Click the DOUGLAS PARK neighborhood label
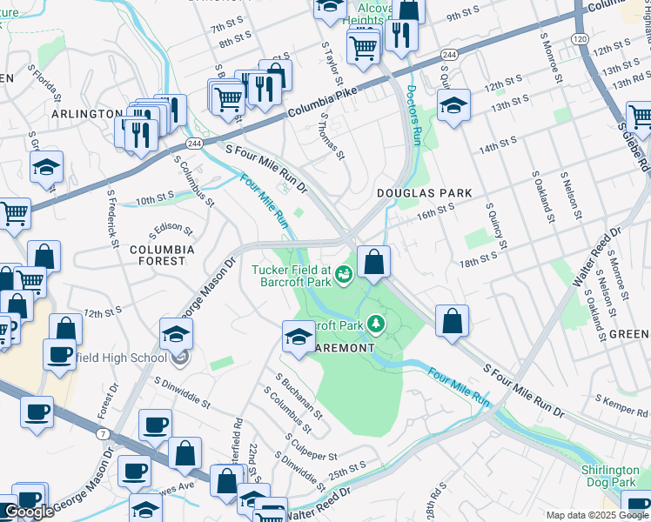coord(424,193)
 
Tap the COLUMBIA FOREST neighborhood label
coord(158,255)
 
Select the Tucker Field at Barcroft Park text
coord(292,275)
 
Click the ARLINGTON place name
coord(87,114)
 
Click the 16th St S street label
coord(435,211)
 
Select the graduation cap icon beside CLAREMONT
coord(298,338)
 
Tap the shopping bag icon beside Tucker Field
coord(373,262)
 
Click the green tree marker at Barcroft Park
coord(376,325)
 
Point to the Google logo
coord(29,512)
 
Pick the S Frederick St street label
coord(112,219)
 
